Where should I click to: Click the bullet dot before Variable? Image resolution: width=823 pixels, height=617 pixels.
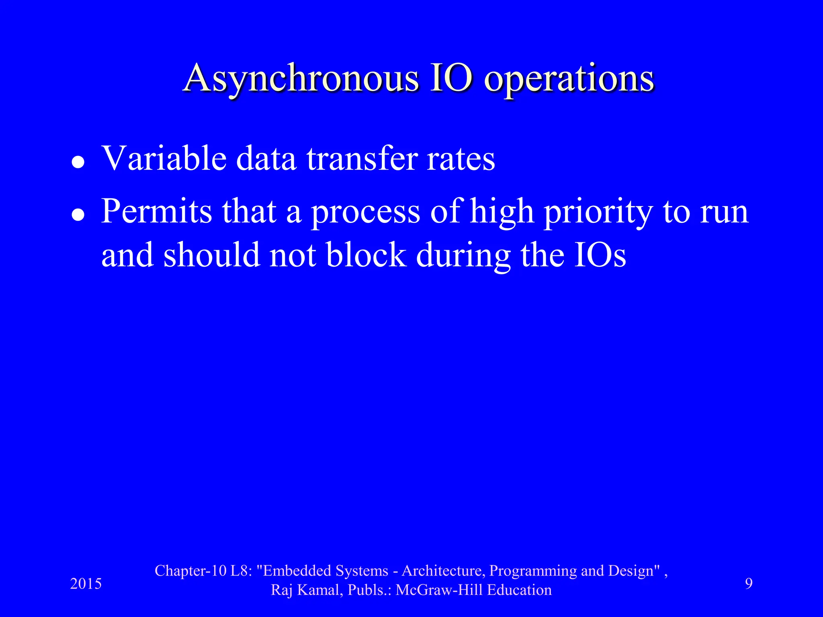pos(78,162)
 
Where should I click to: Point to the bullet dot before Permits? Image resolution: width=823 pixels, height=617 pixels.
pos(78,215)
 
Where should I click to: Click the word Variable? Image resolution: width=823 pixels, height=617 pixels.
pos(164,158)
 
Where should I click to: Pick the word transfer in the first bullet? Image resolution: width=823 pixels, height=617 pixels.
pos(362,158)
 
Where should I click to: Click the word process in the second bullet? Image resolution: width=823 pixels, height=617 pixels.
pos(366,213)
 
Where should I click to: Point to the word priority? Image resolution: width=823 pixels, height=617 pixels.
pos(598,213)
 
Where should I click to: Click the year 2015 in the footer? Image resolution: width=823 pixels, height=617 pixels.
pos(86,584)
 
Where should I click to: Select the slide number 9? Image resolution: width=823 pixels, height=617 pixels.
pos(749,583)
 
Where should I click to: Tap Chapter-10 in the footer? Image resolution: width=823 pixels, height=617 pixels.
pos(191,571)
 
